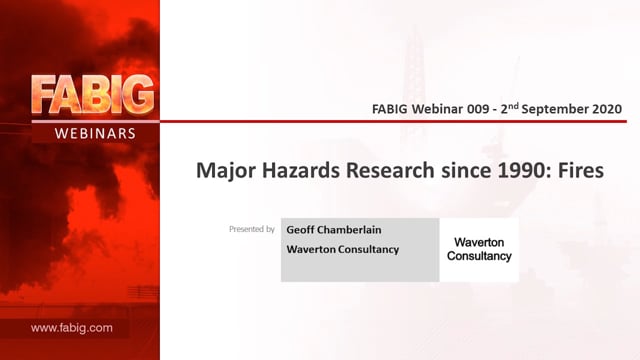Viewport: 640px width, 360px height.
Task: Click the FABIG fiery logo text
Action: click(93, 95)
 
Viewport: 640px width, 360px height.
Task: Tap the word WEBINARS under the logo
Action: click(95, 133)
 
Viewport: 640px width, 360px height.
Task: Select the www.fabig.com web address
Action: click(71, 328)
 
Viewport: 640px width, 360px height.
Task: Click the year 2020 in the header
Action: click(607, 109)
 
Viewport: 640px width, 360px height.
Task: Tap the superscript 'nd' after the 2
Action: click(513, 106)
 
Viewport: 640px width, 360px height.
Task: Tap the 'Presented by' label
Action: click(252, 229)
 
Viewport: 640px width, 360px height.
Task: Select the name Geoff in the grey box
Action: click(300, 230)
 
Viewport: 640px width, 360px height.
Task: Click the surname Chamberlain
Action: click(349, 230)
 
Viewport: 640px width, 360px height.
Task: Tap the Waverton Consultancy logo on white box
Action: click(479, 249)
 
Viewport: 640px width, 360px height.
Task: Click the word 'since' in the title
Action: click(466, 170)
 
